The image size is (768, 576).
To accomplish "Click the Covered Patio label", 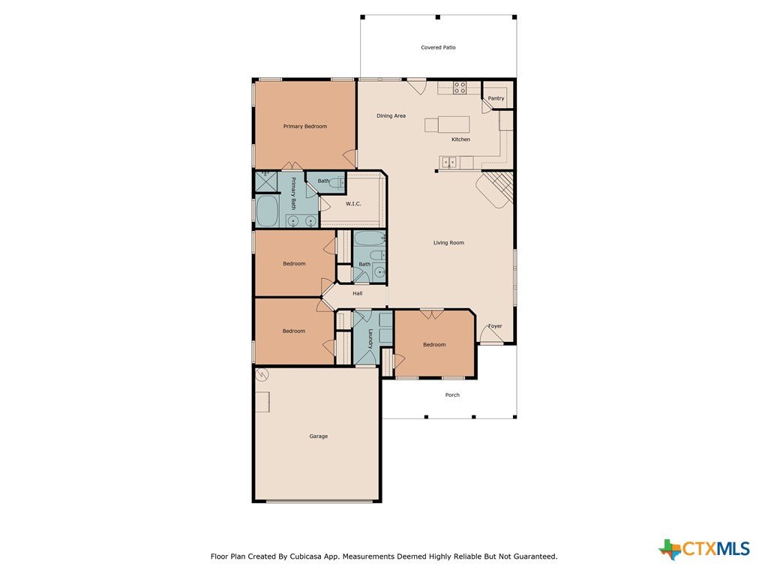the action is [x=438, y=47].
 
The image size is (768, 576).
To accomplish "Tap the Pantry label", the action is [x=496, y=98].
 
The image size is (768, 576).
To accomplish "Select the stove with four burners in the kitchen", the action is [x=460, y=88].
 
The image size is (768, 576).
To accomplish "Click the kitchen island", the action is [x=447, y=124].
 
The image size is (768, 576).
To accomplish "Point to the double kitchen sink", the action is [x=448, y=162].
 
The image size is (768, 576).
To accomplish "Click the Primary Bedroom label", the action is [x=304, y=126].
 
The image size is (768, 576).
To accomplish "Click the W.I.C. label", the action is [x=353, y=204].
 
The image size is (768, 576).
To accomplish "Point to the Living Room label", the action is [x=448, y=243].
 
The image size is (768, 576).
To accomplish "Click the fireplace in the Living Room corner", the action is [x=495, y=189].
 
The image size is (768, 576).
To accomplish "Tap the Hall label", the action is [x=358, y=293].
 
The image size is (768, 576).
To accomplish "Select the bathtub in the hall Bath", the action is [x=370, y=238].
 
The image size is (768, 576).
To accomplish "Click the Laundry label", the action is [x=370, y=338].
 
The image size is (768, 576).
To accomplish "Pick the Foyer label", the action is [x=495, y=326].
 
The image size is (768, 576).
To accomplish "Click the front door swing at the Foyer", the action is [x=490, y=334].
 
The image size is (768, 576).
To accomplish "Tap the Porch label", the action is [x=452, y=394].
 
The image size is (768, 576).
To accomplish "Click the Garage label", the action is [x=318, y=436].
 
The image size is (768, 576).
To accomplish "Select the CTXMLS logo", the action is [x=703, y=549].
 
